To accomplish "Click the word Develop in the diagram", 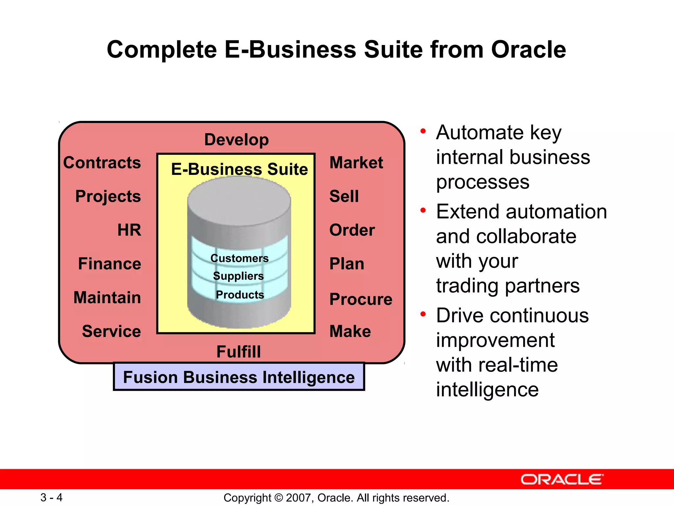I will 236,140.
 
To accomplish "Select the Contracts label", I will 102,163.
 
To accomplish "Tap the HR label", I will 129,230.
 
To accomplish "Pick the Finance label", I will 110,264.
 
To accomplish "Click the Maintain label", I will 107,298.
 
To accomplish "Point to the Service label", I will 111,331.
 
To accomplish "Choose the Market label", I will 356,163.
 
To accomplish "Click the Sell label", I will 344,196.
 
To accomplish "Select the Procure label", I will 361,299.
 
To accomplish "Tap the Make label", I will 350,331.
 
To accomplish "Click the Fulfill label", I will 239,352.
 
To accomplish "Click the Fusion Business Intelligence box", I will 239,377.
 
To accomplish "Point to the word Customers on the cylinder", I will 239,258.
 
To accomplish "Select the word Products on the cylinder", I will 240,295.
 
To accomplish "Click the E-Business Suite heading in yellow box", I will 239,169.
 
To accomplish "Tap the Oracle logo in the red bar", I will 562,479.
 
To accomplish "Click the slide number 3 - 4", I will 51,497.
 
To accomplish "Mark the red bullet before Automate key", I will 423,132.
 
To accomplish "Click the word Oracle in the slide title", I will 528,50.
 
